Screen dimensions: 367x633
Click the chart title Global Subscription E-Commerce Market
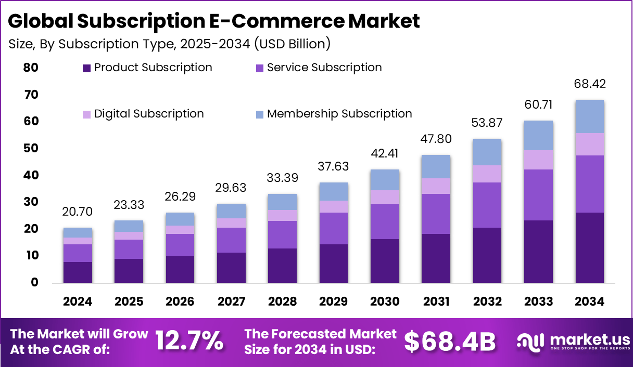pos(214,22)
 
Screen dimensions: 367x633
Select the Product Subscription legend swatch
pos(87,68)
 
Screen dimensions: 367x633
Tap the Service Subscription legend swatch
pos(259,68)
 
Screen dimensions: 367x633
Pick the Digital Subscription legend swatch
pos(87,114)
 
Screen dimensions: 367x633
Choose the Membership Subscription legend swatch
pos(259,114)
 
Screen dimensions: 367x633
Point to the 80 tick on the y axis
pos(31,68)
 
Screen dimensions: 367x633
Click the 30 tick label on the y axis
pos(31,202)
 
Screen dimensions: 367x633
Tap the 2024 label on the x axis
pos(78,302)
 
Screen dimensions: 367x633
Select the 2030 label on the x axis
pos(384,302)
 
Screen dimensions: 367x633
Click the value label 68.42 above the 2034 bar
pos(590,84)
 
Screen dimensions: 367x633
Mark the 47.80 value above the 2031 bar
pos(436,139)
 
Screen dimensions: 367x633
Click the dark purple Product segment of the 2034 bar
pos(590,247)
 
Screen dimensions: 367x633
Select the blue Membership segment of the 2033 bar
pos(539,136)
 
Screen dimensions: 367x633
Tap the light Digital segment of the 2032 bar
pos(487,174)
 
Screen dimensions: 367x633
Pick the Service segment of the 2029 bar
pos(334,228)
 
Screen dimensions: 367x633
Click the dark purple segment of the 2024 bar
pos(78,272)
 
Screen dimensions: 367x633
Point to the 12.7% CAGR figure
pos(189,341)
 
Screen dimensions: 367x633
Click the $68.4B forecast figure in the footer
pos(450,341)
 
